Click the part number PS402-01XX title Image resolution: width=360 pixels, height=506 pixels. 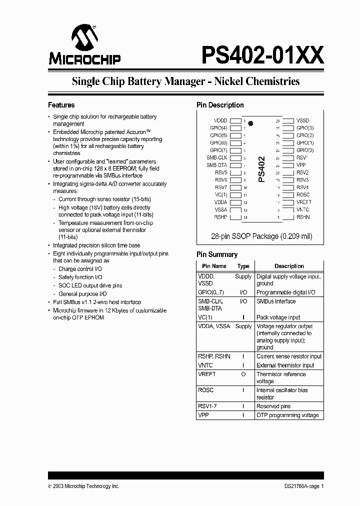[262, 54]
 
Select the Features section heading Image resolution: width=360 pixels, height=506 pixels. [61, 105]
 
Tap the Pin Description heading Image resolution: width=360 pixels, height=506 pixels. [220, 105]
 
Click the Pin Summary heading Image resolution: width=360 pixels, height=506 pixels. [217, 254]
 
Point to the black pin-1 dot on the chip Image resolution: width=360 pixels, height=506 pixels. [250, 123]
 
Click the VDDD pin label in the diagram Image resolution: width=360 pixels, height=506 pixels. [220, 120]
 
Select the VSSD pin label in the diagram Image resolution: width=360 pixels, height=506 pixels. [302, 120]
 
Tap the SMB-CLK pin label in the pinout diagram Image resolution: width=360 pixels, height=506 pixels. [217, 157]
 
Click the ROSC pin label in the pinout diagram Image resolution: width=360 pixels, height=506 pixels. [303, 195]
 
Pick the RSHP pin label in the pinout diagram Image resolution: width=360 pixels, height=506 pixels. [220, 217]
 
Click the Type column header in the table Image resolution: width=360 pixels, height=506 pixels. [243, 266]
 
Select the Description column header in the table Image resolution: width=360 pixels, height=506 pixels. [289, 266]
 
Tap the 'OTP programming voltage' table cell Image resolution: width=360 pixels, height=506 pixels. [287, 415]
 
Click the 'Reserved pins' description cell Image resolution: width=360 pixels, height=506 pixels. [273, 406]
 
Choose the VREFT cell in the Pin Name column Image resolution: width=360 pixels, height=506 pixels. [207, 374]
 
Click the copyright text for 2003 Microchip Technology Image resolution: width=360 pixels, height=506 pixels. [83, 486]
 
